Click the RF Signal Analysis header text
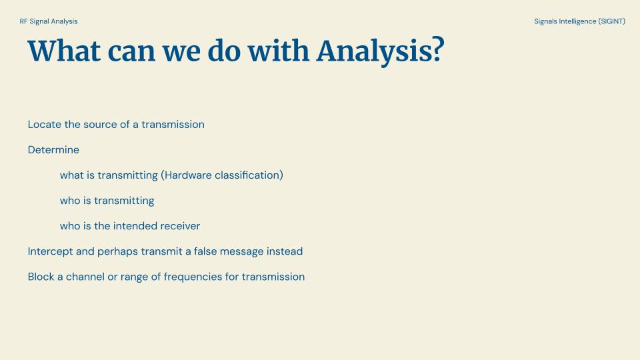[49, 21]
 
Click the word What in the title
[64, 51]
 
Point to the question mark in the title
[438, 49]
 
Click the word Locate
[45, 125]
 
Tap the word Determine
[53, 150]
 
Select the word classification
[247, 175]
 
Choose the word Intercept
[50, 251]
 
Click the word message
[241, 252]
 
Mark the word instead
[285, 251]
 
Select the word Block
[41, 277]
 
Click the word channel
[85, 277]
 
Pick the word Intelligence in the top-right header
[577, 21]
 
